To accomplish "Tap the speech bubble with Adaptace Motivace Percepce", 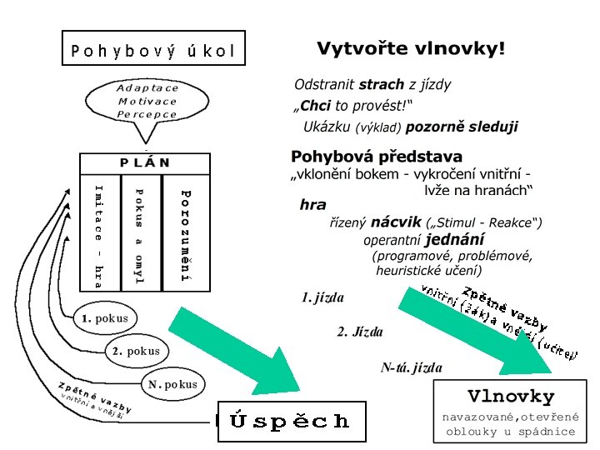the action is (x=147, y=101).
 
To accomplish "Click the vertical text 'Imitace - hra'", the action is (x=98, y=235).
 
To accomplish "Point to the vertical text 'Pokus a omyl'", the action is (x=139, y=235).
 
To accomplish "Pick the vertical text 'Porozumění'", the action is (x=187, y=235).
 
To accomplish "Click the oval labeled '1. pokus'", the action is (x=104, y=318).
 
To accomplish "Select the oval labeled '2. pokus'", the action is (x=135, y=351).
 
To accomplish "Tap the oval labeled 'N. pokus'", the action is (x=172, y=384).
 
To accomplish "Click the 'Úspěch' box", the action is (x=291, y=421).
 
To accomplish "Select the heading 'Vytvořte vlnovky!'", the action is (x=410, y=49).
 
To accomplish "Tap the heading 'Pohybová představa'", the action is (x=377, y=156).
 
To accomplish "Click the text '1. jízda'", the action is (x=322, y=297).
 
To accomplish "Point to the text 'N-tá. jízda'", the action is (x=411, y=367).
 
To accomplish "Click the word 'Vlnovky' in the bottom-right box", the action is (x=511, y=395).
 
